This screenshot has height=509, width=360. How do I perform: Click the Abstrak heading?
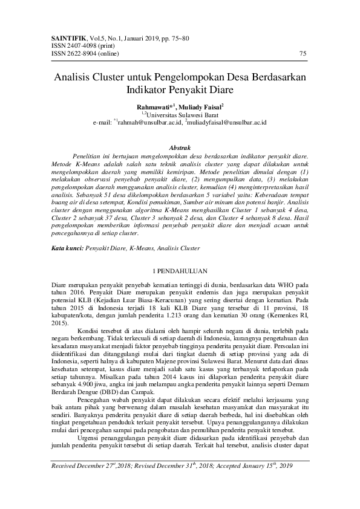[180, 148]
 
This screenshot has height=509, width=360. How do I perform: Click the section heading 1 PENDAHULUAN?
[180, 270]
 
